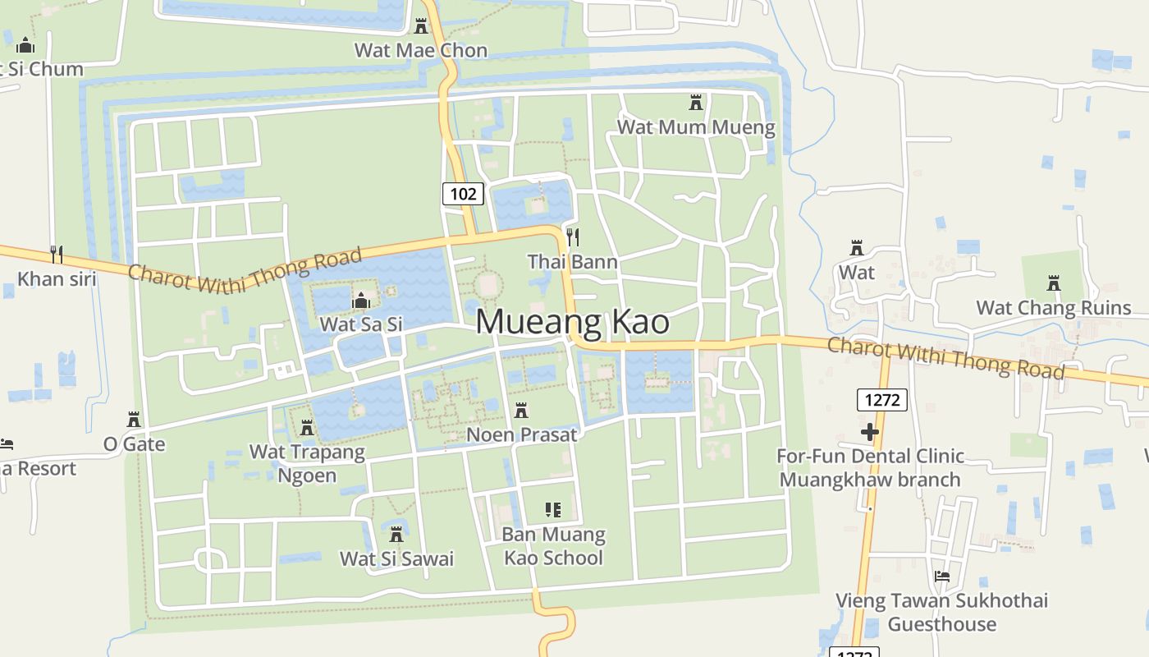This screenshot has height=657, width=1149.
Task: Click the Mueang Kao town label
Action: point(572,321)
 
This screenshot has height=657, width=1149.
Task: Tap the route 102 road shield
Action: point(463,194)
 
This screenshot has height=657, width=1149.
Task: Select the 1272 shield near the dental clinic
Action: point(882,400)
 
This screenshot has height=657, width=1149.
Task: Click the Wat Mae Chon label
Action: point(420,50)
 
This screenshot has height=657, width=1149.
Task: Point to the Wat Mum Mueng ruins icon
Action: point(696,103)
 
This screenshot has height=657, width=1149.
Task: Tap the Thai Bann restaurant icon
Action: point(573,237)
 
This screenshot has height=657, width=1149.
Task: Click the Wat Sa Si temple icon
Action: point(360,301)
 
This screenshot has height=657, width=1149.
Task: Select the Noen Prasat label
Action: point(522,434)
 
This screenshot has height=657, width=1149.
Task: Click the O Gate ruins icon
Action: point(134,420)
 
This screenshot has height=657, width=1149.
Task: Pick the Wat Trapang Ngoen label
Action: point(307,463)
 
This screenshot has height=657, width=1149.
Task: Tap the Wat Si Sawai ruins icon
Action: point(396,535)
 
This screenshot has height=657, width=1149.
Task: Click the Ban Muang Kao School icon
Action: point(553,510)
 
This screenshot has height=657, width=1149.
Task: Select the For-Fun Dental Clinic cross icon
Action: point(870,432)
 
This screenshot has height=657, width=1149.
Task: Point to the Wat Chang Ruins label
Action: point(1054,308)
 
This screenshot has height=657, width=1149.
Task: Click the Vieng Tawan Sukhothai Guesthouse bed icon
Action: point(942,577)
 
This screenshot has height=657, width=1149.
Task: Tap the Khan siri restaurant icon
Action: point(57,254)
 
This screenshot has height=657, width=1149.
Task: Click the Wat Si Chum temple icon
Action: point(25,45)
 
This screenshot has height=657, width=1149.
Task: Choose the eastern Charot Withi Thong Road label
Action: point(945,358)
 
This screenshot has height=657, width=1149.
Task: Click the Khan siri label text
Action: point(57,279)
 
